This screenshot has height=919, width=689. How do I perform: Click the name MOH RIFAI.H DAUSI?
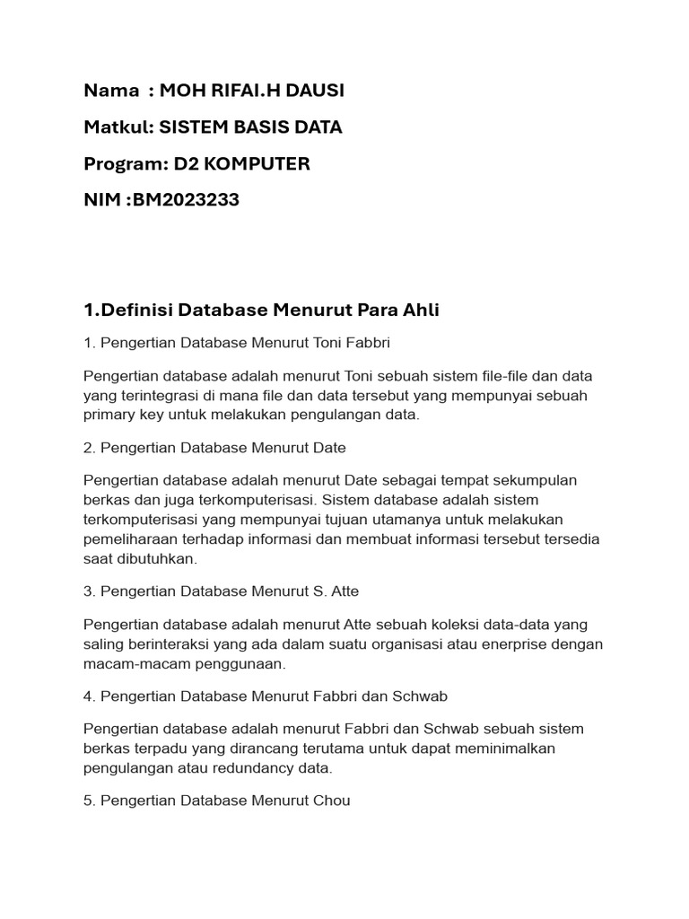(x=251, y=91)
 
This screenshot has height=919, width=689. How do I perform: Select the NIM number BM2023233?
(x=186, y=200)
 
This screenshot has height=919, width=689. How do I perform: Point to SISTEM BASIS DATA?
(x=250, y=127)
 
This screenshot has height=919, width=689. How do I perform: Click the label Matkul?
(x=117, y=127)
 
